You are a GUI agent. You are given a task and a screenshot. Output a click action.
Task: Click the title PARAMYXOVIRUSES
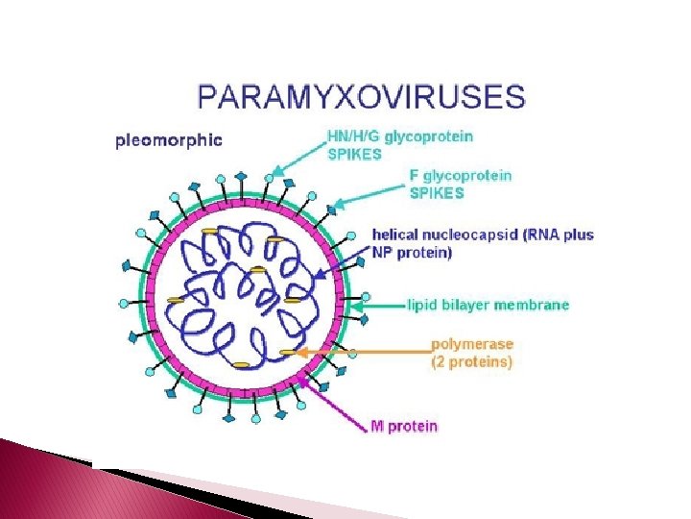(x=361, y=97)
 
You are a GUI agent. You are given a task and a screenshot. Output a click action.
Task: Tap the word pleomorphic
(x=169, y=140)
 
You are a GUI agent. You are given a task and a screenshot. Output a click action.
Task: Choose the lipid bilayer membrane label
(x=488, y=306)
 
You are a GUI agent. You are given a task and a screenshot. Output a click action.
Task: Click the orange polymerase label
(x=472, y=353)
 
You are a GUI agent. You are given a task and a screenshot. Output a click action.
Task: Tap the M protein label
(x=404, y=426)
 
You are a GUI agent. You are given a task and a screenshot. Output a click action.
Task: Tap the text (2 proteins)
(x=472, y=362)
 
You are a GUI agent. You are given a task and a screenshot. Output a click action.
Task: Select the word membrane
(x=535, y=306)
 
